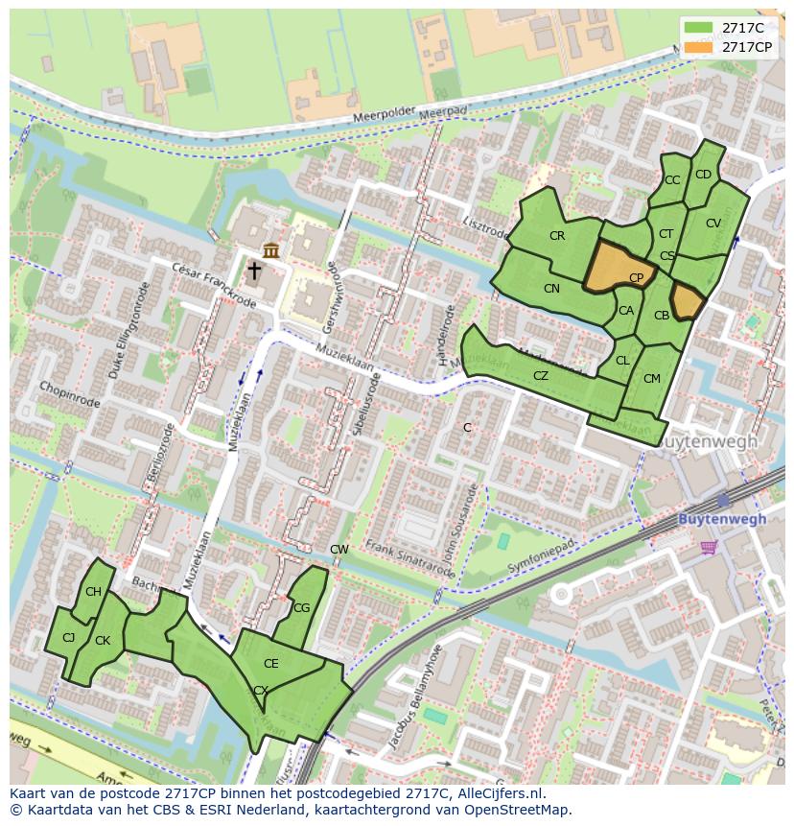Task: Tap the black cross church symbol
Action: (254, 271)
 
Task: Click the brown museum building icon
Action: (271, 250)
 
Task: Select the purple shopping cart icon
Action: (709, 547)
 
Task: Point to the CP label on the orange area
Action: (636, 278)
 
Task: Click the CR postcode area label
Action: (557, 236)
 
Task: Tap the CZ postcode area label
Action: (541, 376)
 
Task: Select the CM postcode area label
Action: (652, 379)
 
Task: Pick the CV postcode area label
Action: (712, 224)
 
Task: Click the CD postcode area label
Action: (703, 175)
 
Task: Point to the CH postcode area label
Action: (93, 592)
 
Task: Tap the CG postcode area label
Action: (301, 608)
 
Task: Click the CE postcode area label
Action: (271, 664)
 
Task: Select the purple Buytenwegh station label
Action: (722, 519)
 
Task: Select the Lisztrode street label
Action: (485, 230)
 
